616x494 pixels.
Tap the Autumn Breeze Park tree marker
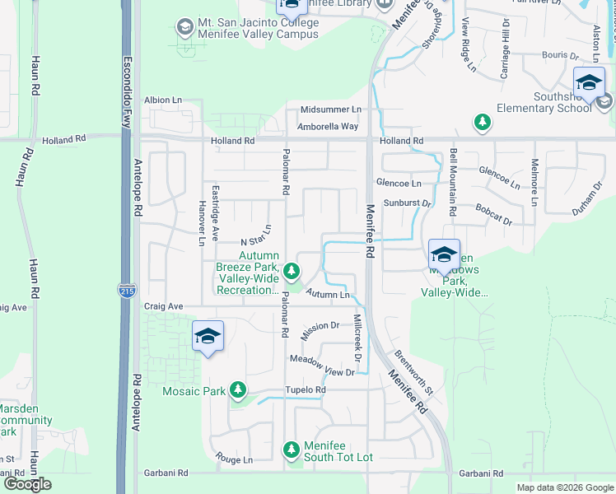pos(291,270)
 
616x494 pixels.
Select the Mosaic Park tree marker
pos(238,389)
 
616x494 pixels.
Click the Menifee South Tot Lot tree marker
pos(291,450)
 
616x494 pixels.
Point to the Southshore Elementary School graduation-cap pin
pos(589,82)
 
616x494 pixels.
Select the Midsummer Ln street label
pos(330,110)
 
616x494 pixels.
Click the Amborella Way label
pos(329,126)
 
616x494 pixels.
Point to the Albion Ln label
pos(163,100)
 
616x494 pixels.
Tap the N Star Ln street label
pos(256,235)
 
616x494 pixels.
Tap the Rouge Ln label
pos(234,459)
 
